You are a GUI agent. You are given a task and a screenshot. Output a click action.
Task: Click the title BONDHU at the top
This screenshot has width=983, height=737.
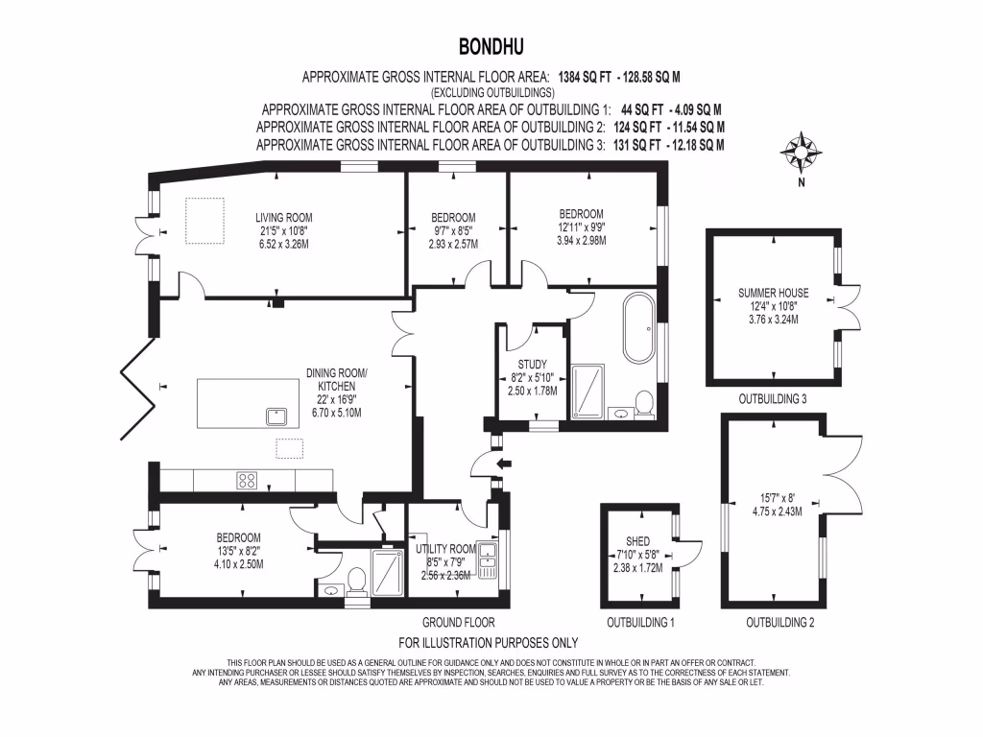coord(491,46)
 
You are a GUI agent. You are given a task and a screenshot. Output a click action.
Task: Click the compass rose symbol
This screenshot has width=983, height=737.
coord(801,152)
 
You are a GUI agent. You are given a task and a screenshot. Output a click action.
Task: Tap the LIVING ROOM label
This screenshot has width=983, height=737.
coord(283,217)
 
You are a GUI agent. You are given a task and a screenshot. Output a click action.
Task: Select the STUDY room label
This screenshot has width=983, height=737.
coord(532,365)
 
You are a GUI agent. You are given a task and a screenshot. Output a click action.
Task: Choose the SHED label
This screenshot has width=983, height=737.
coord(637,541)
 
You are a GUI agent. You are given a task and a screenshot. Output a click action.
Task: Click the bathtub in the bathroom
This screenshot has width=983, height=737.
coord(636,329)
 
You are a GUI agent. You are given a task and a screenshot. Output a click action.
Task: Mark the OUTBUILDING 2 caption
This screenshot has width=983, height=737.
coord(780,623)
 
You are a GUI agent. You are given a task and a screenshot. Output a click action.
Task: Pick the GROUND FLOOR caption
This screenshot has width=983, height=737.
coord(451,623)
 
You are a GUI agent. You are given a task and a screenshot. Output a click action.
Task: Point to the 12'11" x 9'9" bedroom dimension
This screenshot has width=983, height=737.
coord(582,227)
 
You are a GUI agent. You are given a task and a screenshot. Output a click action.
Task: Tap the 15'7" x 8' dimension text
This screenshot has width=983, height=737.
coord(777,498)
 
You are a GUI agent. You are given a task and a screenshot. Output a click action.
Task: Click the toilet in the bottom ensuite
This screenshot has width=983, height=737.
coord(355,579)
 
